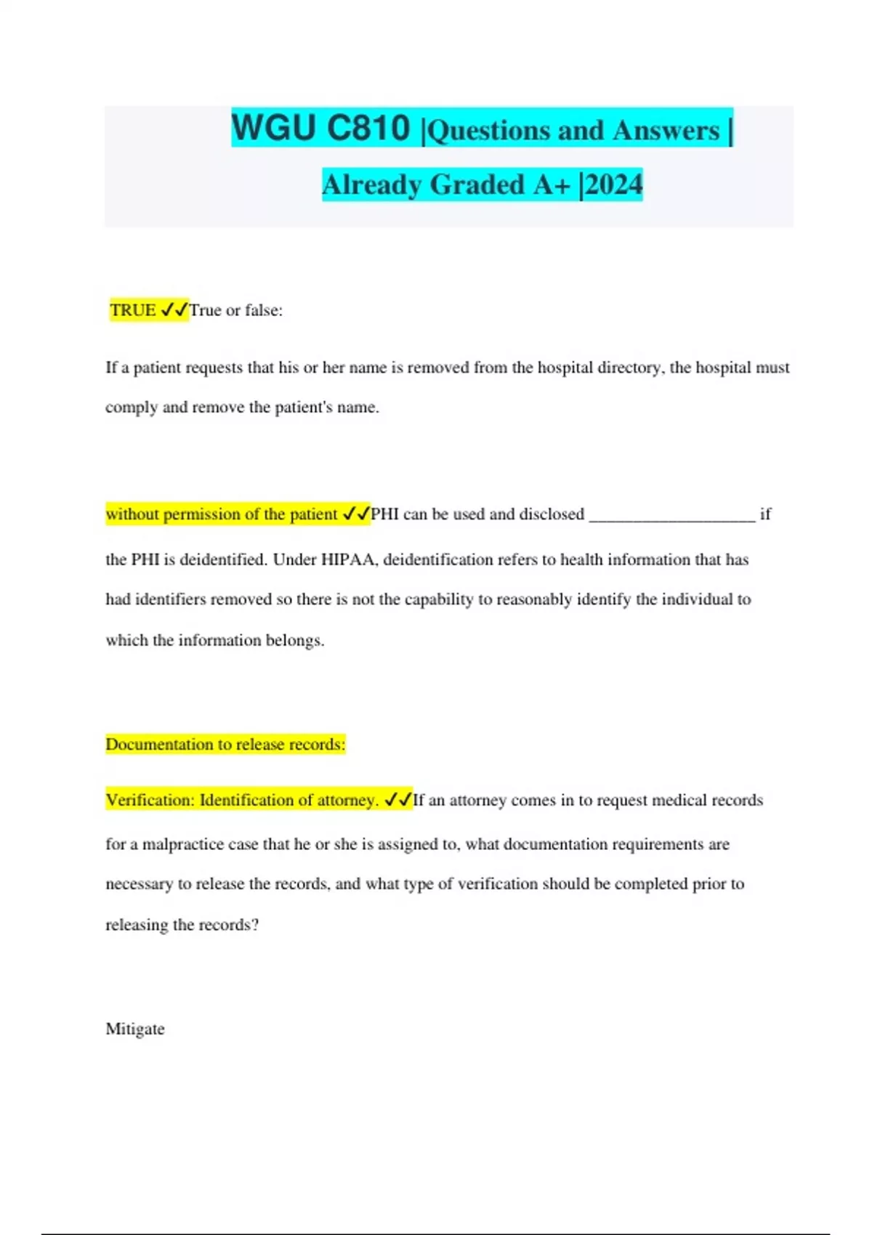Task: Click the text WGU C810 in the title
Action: pos(320,129)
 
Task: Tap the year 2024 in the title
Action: pos(614,185)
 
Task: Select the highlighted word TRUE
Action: pos(133,310)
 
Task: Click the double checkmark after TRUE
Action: pos(174,310)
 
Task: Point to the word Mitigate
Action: pos(135,1029)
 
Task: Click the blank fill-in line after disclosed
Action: pos(672,515)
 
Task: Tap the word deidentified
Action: pos(223,559)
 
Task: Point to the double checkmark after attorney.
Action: pos(397,800)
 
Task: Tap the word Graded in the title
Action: pos(477,185)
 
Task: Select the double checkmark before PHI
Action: pos(356,514)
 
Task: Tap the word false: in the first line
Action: pos(263,310)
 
